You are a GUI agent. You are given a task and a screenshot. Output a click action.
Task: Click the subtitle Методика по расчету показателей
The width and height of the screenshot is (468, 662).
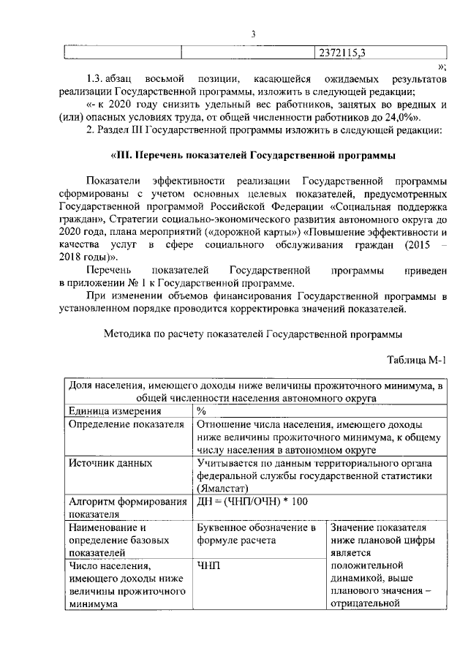tap(253, 334)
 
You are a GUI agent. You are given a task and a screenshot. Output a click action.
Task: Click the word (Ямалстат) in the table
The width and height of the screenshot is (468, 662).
tap(224, 488)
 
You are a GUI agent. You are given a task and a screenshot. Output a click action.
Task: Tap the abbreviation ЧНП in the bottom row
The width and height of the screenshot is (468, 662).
tap(208, 565)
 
